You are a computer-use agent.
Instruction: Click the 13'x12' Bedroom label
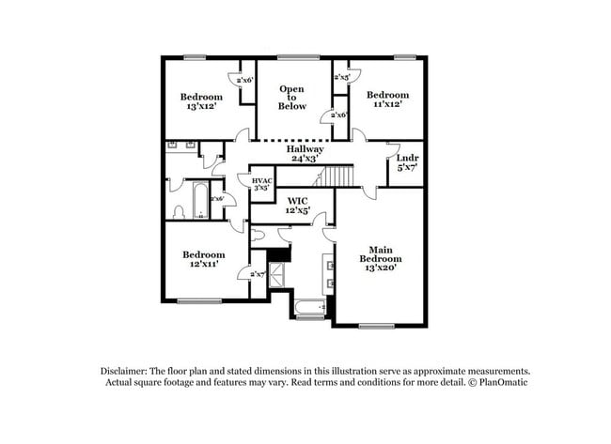[201, 102]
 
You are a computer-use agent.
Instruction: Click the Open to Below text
[292, 98]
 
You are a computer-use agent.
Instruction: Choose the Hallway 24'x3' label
[305, 154]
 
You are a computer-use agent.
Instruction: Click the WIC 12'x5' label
[298, 207]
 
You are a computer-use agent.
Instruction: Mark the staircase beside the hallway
[346, 176]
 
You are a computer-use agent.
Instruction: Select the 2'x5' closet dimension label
[341, 78]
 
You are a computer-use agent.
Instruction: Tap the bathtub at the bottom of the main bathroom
[308, 307]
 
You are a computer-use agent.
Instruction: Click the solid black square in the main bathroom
[278, 253]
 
